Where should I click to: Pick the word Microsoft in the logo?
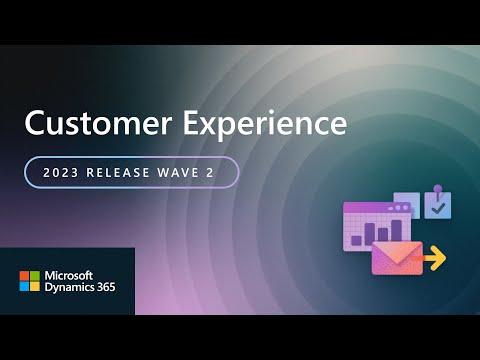(x=66, y=275)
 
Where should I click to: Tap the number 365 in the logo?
(x=106, y=289)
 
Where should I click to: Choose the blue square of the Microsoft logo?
(x=24, y=287)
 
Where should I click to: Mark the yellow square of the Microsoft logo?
(x=34, y=287)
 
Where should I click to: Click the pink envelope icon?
(x=396, y=258)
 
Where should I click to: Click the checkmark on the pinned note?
(x=438, y=207)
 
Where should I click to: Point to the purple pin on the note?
(x=436, y=188)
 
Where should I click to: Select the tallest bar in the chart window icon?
(x=371, y=230)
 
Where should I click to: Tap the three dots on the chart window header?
(x=401, y=207)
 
